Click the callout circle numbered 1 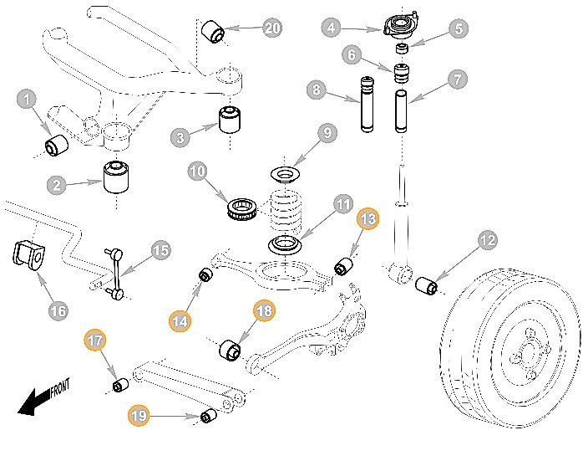28,100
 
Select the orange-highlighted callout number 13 368,219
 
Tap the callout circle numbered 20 272,28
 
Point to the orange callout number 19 138,413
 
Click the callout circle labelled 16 58,311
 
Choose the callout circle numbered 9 327,132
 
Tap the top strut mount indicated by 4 398,23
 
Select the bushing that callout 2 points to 118,177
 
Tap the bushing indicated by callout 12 428,285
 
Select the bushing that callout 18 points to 228,349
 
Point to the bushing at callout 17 119,385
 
